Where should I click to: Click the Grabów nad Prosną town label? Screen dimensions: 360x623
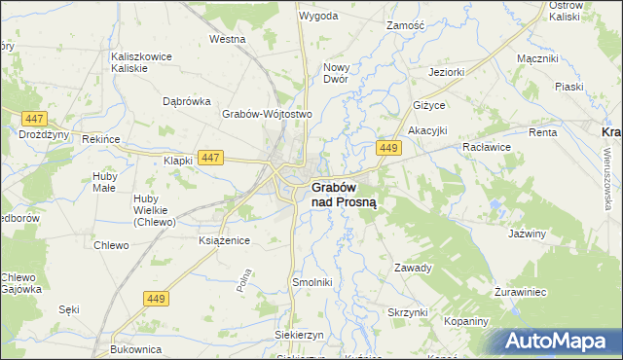(x=345, y=195)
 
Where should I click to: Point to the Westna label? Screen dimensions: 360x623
(x=227, y=40)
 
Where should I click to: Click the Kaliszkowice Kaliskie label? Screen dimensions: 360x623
(x=142, y=62)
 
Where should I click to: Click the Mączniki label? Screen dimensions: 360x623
(x=537, y=59)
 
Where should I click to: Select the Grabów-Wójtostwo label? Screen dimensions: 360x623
(x=266, y=114)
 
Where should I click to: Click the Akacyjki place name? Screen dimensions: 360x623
(x=427, y=130)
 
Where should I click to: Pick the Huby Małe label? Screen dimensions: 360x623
(x=104, y=182)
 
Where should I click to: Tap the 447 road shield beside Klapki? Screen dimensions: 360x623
(x=209, y=157)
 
